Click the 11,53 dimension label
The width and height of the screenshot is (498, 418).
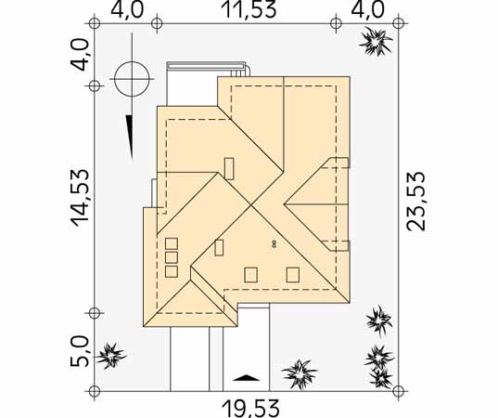(x=250, y=9)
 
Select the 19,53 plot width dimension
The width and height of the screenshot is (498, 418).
(x=251, y=409)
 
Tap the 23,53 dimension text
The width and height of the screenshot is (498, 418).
(x=416, y=201)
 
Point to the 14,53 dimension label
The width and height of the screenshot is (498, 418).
(x=79, y=198)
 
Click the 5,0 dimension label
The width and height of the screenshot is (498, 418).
(x=79, y=351)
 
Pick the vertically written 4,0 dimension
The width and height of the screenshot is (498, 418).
(x=79, y=55)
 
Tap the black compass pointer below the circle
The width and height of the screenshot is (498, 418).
(x=129, y=137)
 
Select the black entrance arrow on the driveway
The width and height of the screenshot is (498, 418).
(x=246, y=378)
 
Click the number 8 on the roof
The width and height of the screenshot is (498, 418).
(x=274, y=244)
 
